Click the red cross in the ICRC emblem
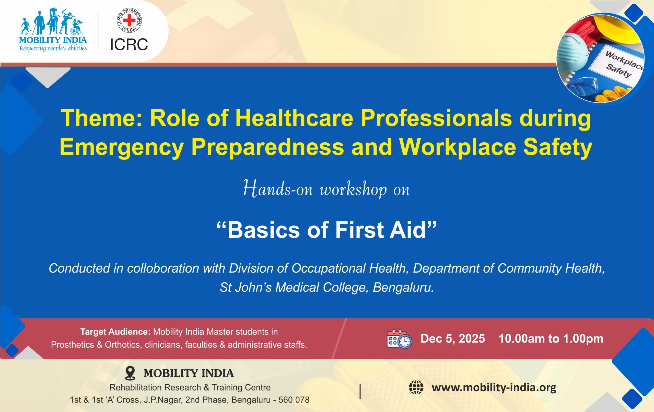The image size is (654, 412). pos(129,20)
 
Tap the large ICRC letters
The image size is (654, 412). pos(129,44)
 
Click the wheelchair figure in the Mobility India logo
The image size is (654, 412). pos(77,27)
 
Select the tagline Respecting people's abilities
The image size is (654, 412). pos(53,48)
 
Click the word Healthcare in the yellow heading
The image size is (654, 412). pos(294,118)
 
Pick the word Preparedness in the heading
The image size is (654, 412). pos(267,147)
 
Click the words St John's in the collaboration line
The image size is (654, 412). pos(246,287)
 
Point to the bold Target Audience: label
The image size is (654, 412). pos(115,331)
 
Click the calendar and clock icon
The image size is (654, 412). pos(399,339)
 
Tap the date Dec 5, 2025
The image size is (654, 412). pos(453,339)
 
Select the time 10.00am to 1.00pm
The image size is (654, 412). pos(551,339)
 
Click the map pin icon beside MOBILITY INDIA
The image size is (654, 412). pos(130,373)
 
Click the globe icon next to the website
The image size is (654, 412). pos(416,387)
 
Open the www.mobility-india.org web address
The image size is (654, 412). pos(494,387)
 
